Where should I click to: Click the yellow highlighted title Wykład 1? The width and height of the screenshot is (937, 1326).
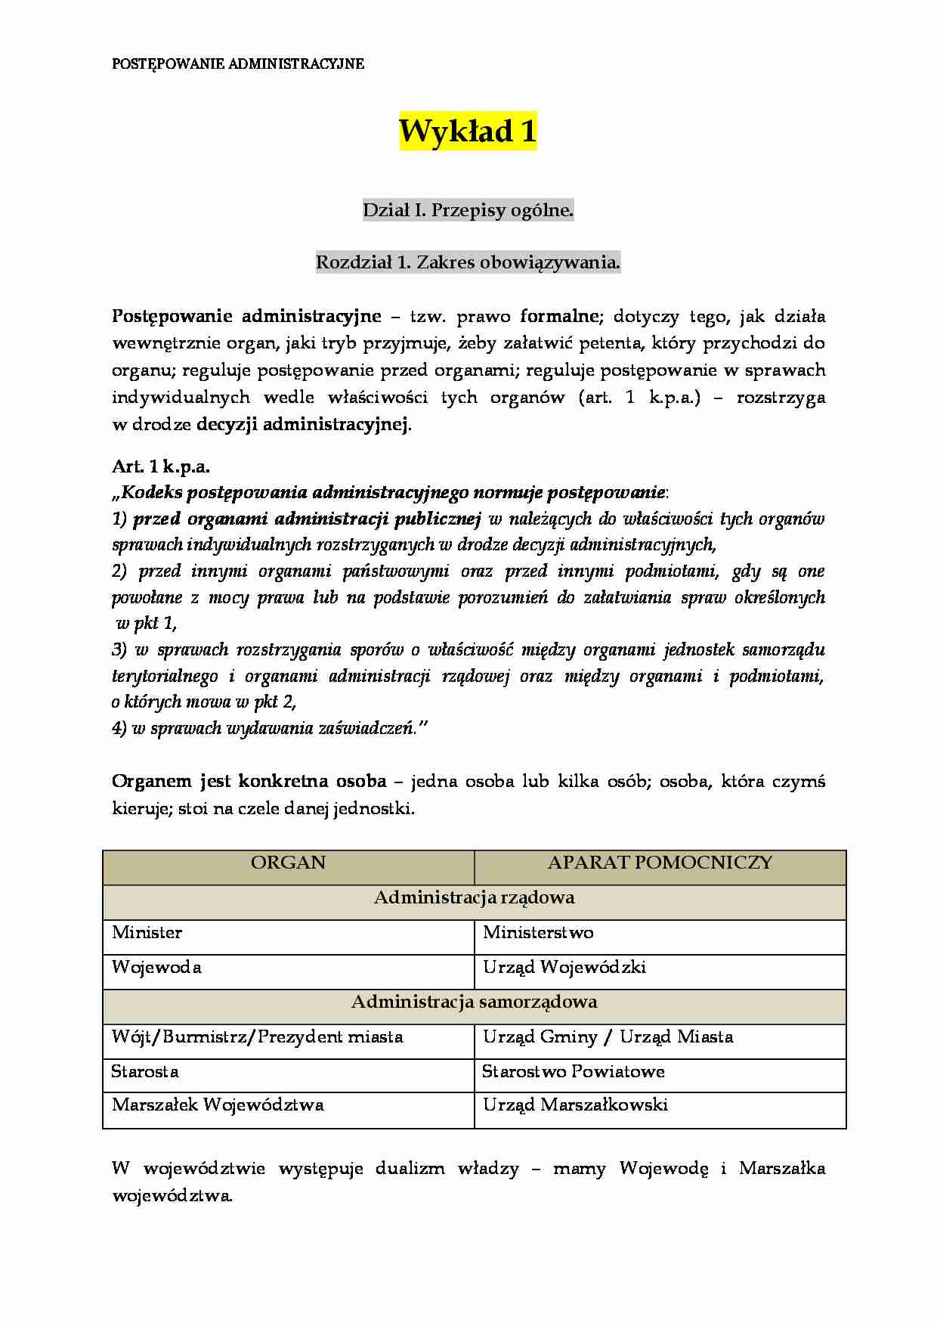coord(468,132)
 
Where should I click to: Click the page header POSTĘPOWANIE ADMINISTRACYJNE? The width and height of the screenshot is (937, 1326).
coord(238,64)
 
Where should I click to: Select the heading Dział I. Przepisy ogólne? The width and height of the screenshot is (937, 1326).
coord(468,210)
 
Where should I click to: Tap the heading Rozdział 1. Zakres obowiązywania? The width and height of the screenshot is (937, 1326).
coord(468,262)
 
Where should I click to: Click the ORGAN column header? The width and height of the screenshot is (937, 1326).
coord(288,863)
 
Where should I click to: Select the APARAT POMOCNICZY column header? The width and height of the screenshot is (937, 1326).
coord(660,863)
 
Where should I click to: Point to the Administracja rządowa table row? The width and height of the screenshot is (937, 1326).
coord(474,897)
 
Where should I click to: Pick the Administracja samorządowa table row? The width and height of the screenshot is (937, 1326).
coord(474,1002)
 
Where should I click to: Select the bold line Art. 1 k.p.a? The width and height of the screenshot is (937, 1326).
coord(161,466)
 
